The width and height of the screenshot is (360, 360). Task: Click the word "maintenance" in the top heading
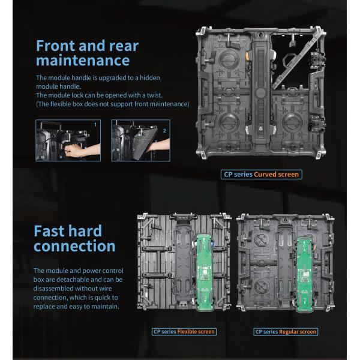coord(83,60)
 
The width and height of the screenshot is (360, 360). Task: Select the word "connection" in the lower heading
coord(75,246)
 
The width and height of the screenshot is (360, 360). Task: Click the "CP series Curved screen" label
coord(260,175)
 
